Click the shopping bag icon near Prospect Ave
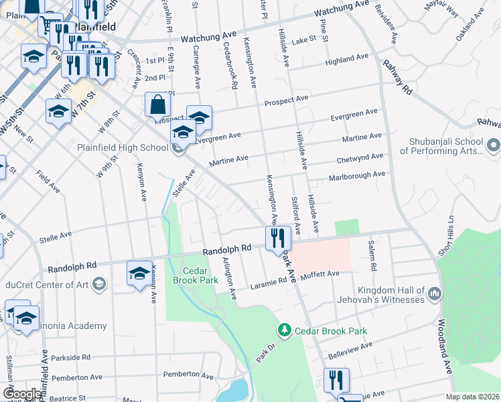click(157, 105)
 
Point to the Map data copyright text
click(472, 397)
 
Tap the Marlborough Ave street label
click(356, 176)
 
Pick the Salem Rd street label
click(370, 255)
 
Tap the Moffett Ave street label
click(320, 274)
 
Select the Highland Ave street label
click(348, 60)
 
